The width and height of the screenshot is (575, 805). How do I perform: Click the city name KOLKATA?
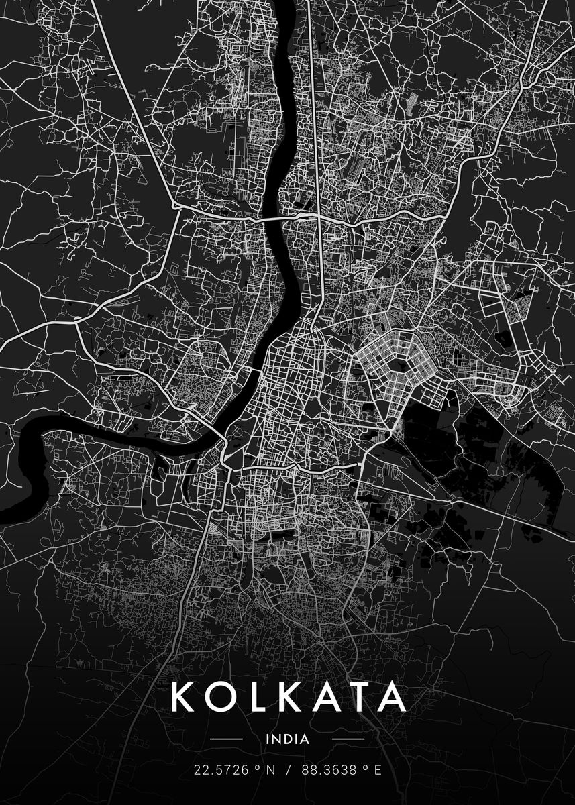pos(288,698)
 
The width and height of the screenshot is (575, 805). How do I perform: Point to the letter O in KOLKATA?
pos(219,698)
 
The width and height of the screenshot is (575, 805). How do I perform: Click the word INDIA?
pos(287,740)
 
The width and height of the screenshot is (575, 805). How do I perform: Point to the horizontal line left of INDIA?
pos(226,740)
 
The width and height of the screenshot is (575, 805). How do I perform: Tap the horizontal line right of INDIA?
pos(348,740)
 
